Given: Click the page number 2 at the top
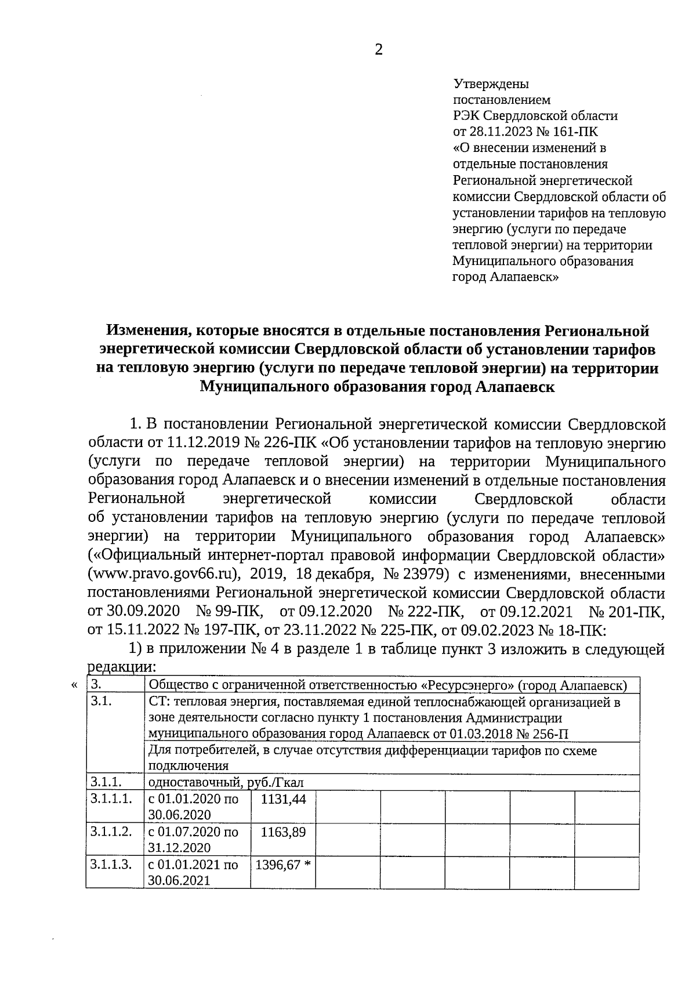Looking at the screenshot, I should tap(379, 50).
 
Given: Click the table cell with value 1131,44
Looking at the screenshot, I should tap(283, 799).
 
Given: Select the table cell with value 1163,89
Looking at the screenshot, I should tap(283, 832).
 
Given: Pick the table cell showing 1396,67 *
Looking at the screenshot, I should tap(283, 865).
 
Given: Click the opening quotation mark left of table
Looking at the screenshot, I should tap(74, 685).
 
